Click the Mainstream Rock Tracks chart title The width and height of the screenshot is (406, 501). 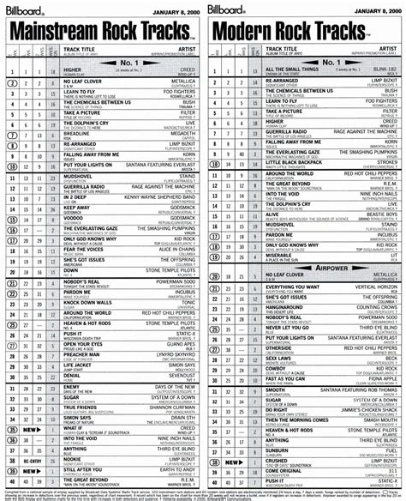pyautogui.click(x=100, y=33)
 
